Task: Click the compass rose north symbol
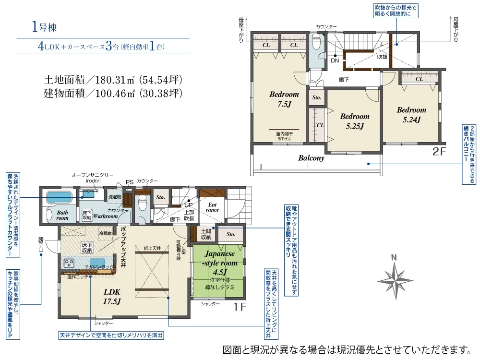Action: point(394,278)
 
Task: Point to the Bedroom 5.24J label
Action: point(411,115)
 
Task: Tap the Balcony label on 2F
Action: point(311,157)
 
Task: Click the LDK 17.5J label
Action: point(111,296)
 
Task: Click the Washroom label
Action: point(105,216)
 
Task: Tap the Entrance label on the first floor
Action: point(212,207)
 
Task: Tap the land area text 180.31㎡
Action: point(113,79)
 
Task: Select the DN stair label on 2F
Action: point(335,61)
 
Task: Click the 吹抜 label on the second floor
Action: point(382,57)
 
